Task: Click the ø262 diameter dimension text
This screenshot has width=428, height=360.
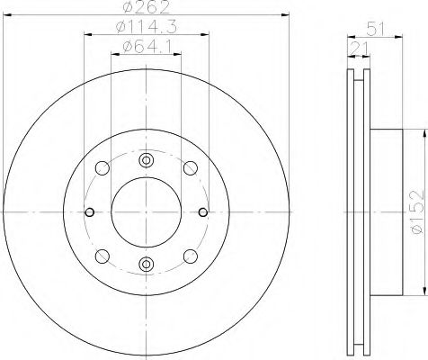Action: coord(146,9)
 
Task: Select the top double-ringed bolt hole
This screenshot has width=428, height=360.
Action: coord(146,161)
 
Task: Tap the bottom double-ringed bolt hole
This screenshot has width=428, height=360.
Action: coord(146,264)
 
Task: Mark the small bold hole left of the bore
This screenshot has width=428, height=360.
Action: coord(90,212)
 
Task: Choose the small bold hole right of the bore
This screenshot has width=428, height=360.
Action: coord(201,212)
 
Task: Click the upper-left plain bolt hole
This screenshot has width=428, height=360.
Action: coord(101,168)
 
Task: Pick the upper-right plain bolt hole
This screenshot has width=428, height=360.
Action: coord(190,168)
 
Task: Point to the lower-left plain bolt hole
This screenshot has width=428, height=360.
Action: coord(101,256)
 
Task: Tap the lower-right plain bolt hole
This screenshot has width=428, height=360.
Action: coord(190,256)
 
